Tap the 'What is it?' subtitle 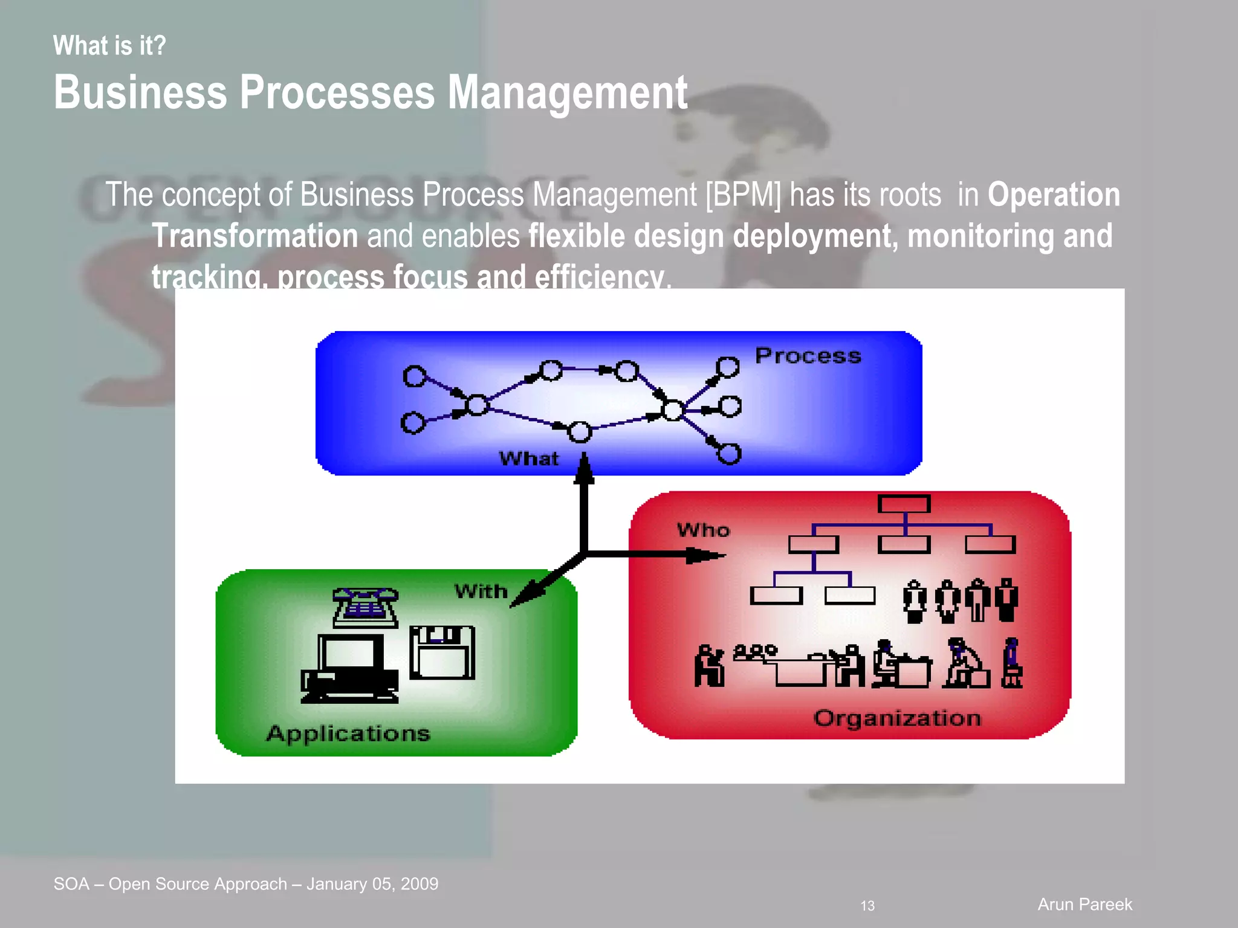109,46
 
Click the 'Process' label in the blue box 808,356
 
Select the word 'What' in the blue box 529,459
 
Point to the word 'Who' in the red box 704,530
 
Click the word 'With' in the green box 481,591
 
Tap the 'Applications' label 348,733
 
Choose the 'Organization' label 897,718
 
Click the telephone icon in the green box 365,607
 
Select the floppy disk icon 442,652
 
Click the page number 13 867,906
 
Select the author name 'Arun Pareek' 1084,904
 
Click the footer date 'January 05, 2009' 372,884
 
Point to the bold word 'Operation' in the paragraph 1054,195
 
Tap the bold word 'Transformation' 255,236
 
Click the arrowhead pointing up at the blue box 584,468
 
